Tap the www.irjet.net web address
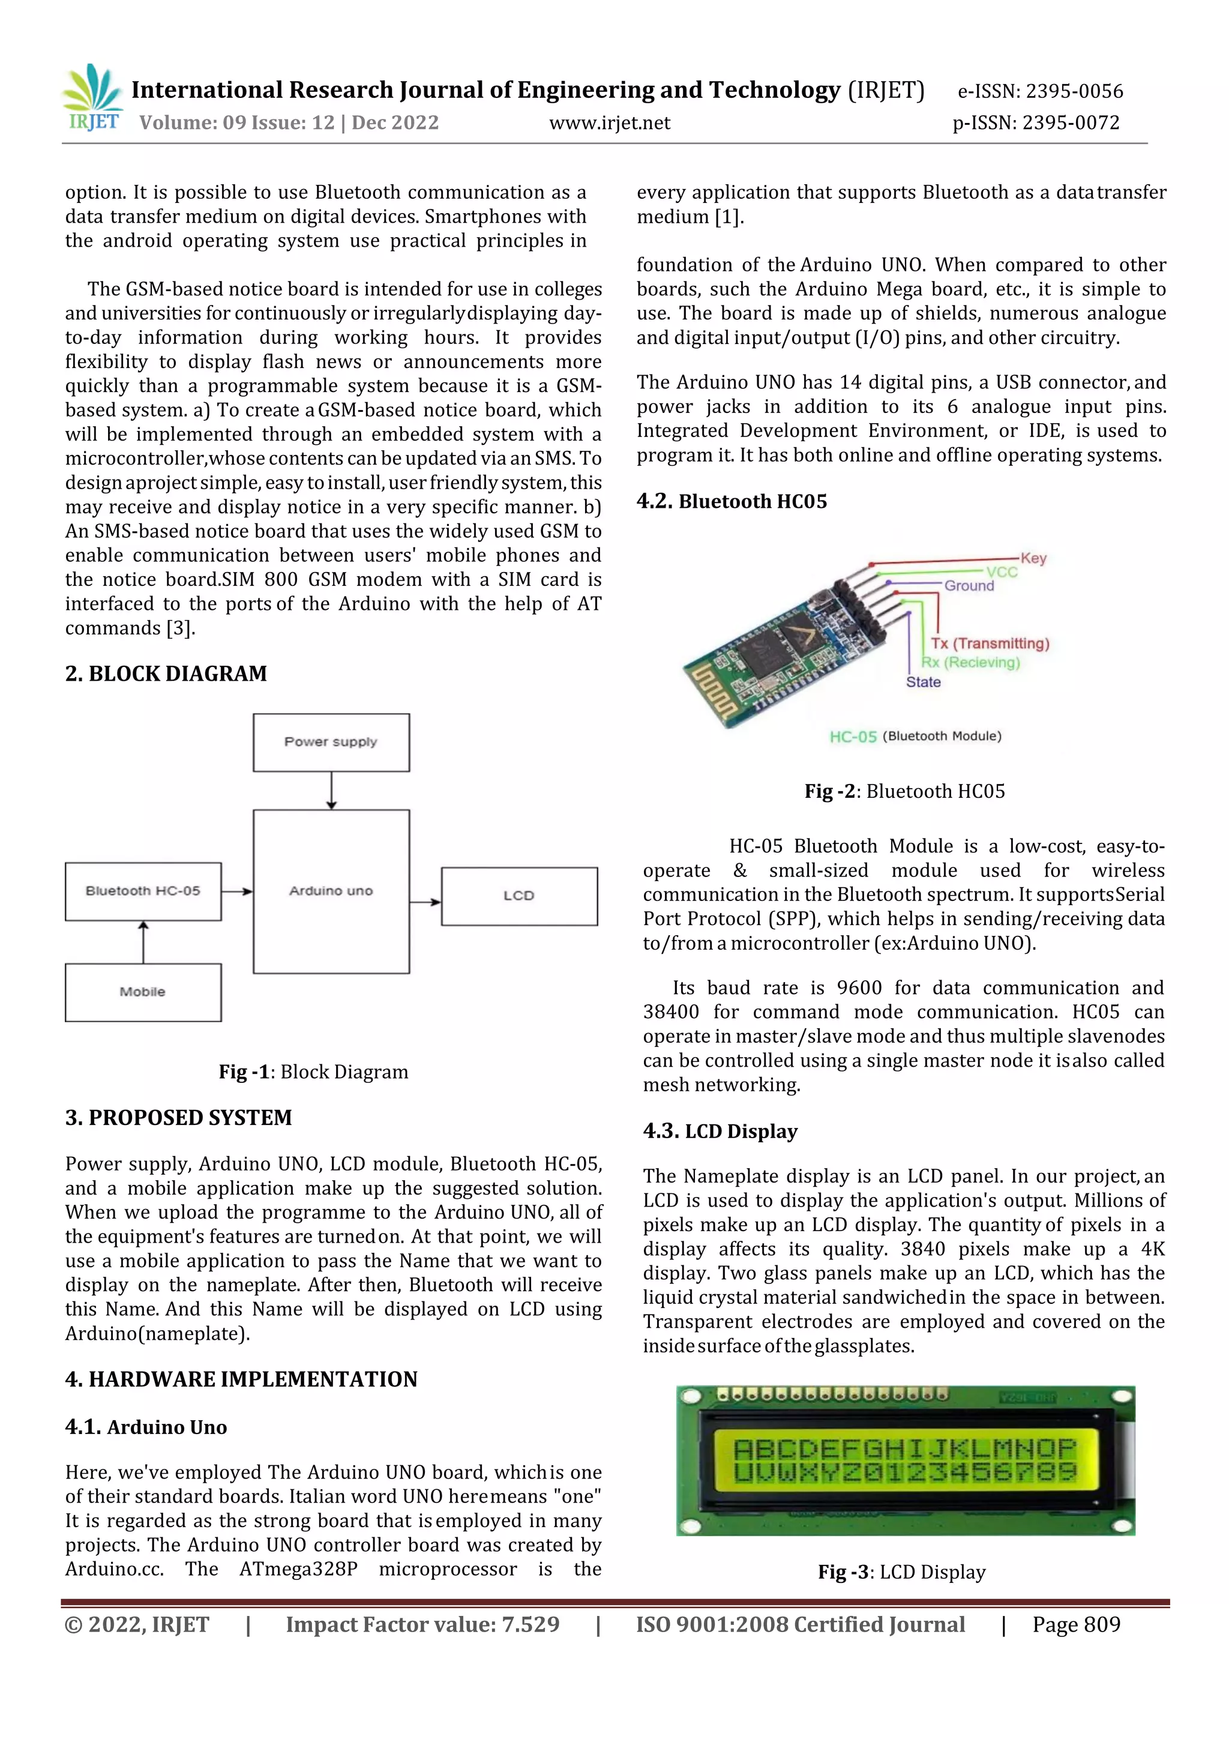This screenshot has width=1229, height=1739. click(610, 122)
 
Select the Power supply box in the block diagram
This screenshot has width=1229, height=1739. click(331, 743)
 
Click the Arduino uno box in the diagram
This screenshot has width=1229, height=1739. click(331, 891)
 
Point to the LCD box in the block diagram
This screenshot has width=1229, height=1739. click(520, 896)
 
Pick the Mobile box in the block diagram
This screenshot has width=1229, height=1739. click(143, 992)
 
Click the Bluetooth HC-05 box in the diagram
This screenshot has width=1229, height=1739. click(143, 891)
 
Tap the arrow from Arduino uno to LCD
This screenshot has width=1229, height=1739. click(425, 902)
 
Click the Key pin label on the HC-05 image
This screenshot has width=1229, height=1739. click(1033, 558)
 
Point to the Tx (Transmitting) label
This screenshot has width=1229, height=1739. click(990, 643)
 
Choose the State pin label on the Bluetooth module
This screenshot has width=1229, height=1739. click(923, 682)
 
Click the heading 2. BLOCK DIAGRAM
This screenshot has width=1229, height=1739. click(166, 674)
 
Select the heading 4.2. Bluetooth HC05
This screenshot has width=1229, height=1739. click(732, 501)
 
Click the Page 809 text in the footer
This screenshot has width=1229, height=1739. click(1076, 1624)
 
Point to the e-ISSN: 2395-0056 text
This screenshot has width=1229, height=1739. click(1040, 92)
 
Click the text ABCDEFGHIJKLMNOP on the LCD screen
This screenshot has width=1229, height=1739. click(904, 1449)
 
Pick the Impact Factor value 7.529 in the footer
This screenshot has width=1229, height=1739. click(422, 1624)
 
